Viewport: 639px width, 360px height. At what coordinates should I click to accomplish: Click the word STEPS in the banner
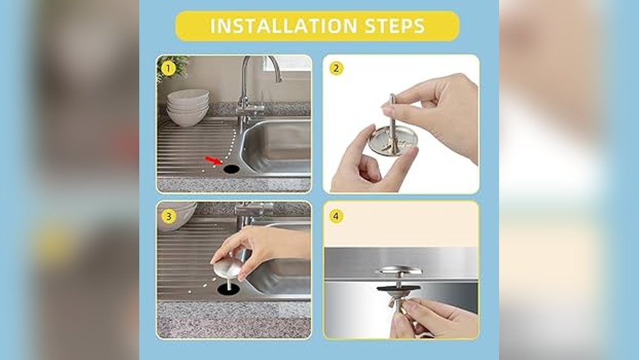(x=395, y=26)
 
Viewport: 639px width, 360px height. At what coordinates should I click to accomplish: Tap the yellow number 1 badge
(x=168, y=68)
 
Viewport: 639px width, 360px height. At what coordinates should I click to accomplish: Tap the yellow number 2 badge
(x=336, y=68)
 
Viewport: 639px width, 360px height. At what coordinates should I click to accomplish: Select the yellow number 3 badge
(x=168, y=216)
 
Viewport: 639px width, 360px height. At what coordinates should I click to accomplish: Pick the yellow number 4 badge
(x=336, y=216)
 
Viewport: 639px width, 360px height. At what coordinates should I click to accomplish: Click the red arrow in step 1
(x=214, y=160)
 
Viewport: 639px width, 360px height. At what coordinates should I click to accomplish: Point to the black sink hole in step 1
(x=231, y=168)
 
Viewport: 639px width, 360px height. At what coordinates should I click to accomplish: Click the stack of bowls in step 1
(x=187, y=107)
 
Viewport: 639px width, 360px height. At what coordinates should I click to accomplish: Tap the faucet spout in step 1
(x=261, y=65)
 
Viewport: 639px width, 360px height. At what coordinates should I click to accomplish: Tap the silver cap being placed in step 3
(x=227, y=264)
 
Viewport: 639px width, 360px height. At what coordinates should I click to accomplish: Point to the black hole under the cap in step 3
(x=229, y=290)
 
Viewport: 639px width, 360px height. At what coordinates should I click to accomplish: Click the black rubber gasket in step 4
(x=399, y=288)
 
